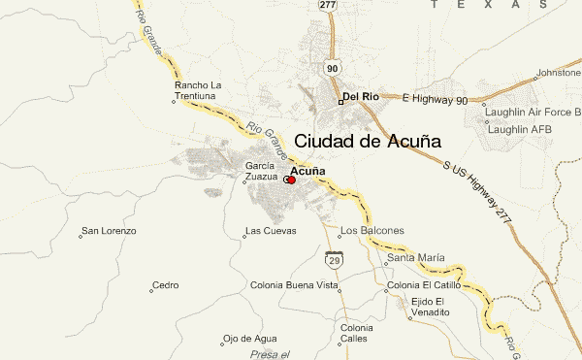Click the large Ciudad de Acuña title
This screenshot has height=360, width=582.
[x=367, y=142]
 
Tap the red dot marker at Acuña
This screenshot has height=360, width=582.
[x=291, y=180]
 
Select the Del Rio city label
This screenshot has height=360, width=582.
[x=360, y=97]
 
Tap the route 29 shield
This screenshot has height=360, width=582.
[x=332, y=260]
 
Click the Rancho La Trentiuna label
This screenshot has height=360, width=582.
[x=198, y=91]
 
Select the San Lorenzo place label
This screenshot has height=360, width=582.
[x=109, y=231]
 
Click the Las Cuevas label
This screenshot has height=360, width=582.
[x=269, y=231]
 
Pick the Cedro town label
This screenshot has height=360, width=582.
[x=166, y=285]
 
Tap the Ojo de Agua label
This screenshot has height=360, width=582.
[x=250, y=338]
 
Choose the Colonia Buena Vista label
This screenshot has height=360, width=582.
[x=294, y=286]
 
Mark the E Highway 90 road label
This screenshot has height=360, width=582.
[x=434, y=100]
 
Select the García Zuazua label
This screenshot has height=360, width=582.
[x=261, y=172]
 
